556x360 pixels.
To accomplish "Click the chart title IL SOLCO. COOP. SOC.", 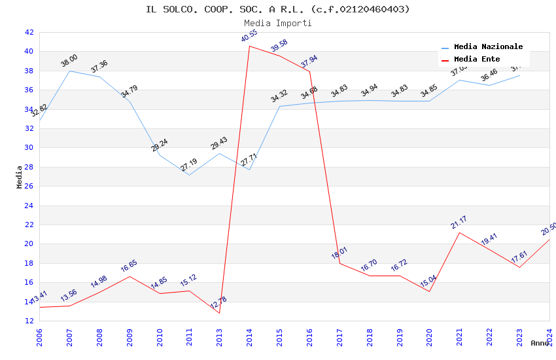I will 278,9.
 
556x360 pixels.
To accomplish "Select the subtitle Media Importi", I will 278,23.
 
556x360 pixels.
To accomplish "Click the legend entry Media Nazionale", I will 488,46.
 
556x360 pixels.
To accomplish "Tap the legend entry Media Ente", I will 477,59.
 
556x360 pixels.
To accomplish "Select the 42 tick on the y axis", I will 29,32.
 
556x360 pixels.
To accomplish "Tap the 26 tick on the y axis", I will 29,186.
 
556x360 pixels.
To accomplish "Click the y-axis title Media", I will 20,177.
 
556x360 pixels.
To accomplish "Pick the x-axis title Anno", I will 540,343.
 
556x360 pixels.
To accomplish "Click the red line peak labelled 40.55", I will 249,46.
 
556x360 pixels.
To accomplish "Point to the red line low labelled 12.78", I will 219,313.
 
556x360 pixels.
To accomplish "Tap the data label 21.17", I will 459,223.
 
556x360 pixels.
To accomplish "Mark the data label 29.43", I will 218,143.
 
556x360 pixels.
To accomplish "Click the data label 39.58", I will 279,45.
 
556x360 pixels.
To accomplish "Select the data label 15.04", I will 428,281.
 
